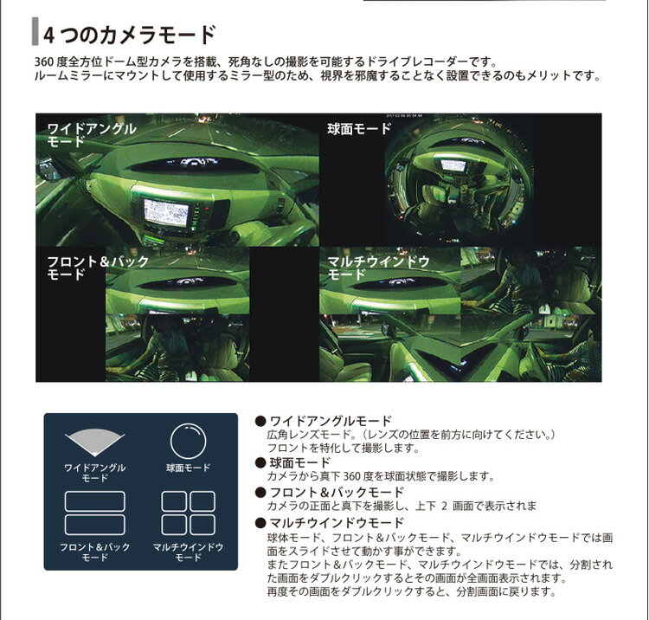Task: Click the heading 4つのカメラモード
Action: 130,35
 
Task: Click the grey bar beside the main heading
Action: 35,31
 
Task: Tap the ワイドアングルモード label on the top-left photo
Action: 92,135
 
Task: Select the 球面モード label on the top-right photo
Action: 359,129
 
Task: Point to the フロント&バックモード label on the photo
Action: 98,268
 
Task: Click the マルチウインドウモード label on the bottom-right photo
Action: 379,268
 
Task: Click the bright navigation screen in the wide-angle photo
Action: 166,212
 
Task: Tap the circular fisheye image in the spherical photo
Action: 459,180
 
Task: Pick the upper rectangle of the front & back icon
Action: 95,501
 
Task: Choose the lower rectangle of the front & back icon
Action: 95,525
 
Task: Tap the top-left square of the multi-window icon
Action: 174,501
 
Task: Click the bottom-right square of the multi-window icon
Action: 202,525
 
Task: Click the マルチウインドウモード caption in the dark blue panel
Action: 189,552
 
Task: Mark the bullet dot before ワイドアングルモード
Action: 260,422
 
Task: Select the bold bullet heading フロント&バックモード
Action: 337,492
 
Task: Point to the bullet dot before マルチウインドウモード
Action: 260,523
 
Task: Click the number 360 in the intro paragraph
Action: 43,62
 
